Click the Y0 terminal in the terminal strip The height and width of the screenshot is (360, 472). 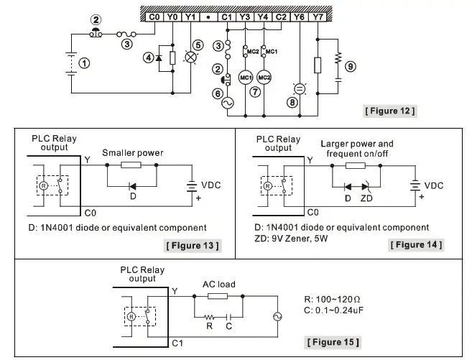point(172,16)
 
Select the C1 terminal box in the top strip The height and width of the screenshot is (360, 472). point(226,16)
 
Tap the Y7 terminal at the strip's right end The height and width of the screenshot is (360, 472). point(318,16)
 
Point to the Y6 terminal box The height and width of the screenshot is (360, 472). point(299,16)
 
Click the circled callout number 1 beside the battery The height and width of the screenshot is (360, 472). point(85,63)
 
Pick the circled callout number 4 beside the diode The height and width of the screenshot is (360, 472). point(148,57)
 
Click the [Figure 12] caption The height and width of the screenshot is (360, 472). point(391,111)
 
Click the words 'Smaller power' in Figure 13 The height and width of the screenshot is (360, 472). point(133,152)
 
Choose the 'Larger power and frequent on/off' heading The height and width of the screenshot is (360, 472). point(357,149)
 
